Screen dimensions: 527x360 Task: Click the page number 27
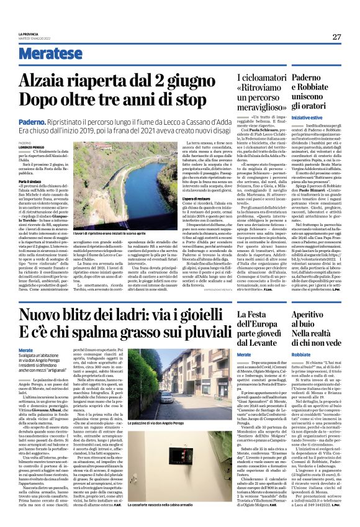click(x=336, y=37)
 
